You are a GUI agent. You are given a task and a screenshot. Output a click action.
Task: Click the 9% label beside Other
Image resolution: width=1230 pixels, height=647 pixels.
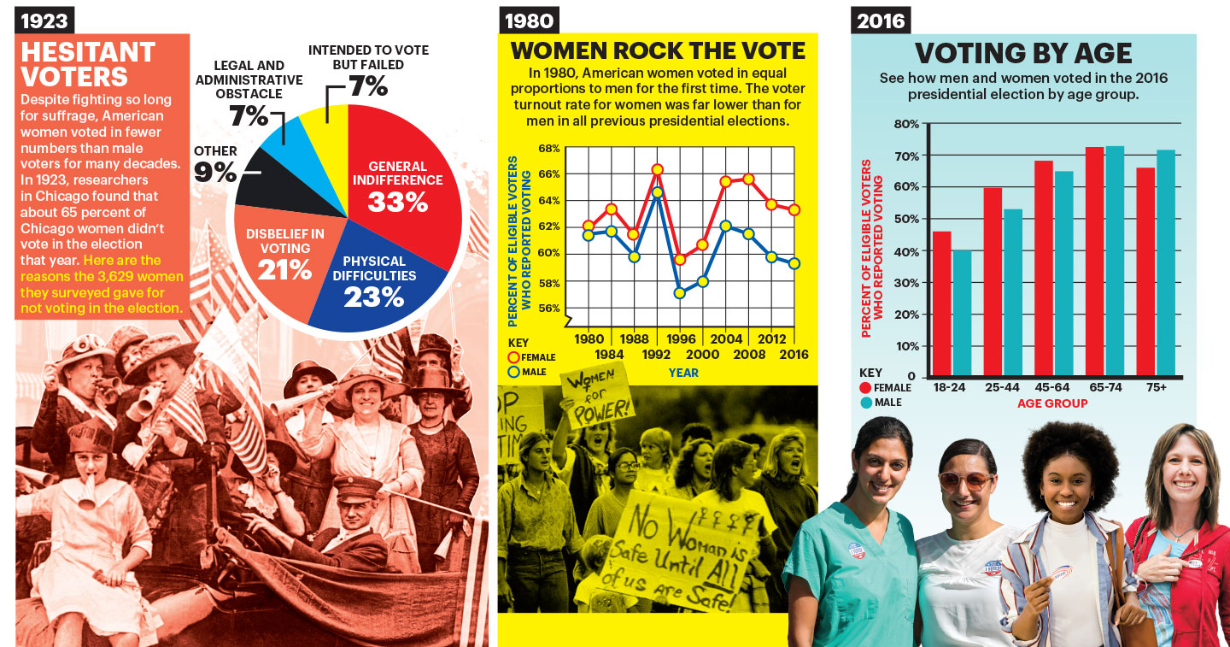216,173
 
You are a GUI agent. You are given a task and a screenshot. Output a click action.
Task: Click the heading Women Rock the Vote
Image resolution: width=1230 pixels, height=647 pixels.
658,50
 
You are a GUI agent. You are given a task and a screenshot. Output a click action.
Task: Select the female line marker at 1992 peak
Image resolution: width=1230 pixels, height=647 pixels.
657,170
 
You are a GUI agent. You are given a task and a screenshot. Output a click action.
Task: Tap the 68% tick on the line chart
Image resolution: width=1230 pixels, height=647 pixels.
549,148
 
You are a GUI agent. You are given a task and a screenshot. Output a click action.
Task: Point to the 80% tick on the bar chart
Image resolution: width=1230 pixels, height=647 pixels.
907,124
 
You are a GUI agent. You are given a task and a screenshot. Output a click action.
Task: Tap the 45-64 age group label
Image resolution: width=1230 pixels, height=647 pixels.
1052,387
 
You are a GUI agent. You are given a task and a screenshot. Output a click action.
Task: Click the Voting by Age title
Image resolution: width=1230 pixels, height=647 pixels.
1023,54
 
